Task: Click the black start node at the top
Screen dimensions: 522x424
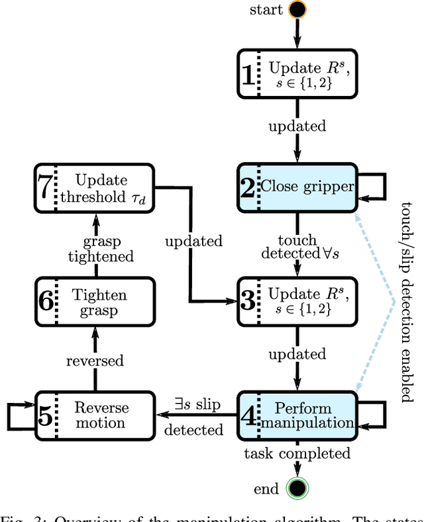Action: [x=297, y=10]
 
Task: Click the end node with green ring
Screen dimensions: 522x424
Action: [x=297, y=489]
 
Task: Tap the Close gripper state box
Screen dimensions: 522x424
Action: [x=297, y=186]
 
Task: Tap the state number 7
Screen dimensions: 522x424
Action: [x=44, y=189]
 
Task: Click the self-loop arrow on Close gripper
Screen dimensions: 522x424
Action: [x=374, y=186]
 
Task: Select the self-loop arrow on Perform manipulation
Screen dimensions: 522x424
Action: [x=373, y=414]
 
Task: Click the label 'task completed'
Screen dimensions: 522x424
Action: [x=297, y=453]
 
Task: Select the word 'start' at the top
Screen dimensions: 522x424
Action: [x=266, y=9]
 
